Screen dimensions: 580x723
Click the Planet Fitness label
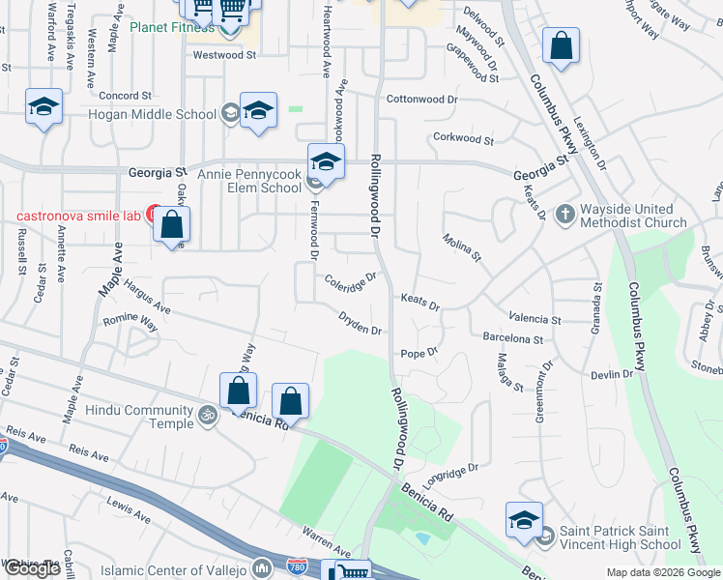(172, 26)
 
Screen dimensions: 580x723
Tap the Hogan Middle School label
(152, 114)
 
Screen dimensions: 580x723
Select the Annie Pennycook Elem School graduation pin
(327, 163)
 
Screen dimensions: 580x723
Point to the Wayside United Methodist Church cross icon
(565, 213)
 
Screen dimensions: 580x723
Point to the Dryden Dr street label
(361, 323)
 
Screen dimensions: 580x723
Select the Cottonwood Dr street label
(421, 100)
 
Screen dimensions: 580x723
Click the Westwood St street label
(223, 56)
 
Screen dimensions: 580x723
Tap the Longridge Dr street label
(450, 474)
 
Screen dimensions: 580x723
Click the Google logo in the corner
(32, 568)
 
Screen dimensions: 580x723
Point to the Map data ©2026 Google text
(662, 572)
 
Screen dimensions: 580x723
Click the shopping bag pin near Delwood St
(561, 47)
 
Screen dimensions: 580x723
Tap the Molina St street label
(462, 247)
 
